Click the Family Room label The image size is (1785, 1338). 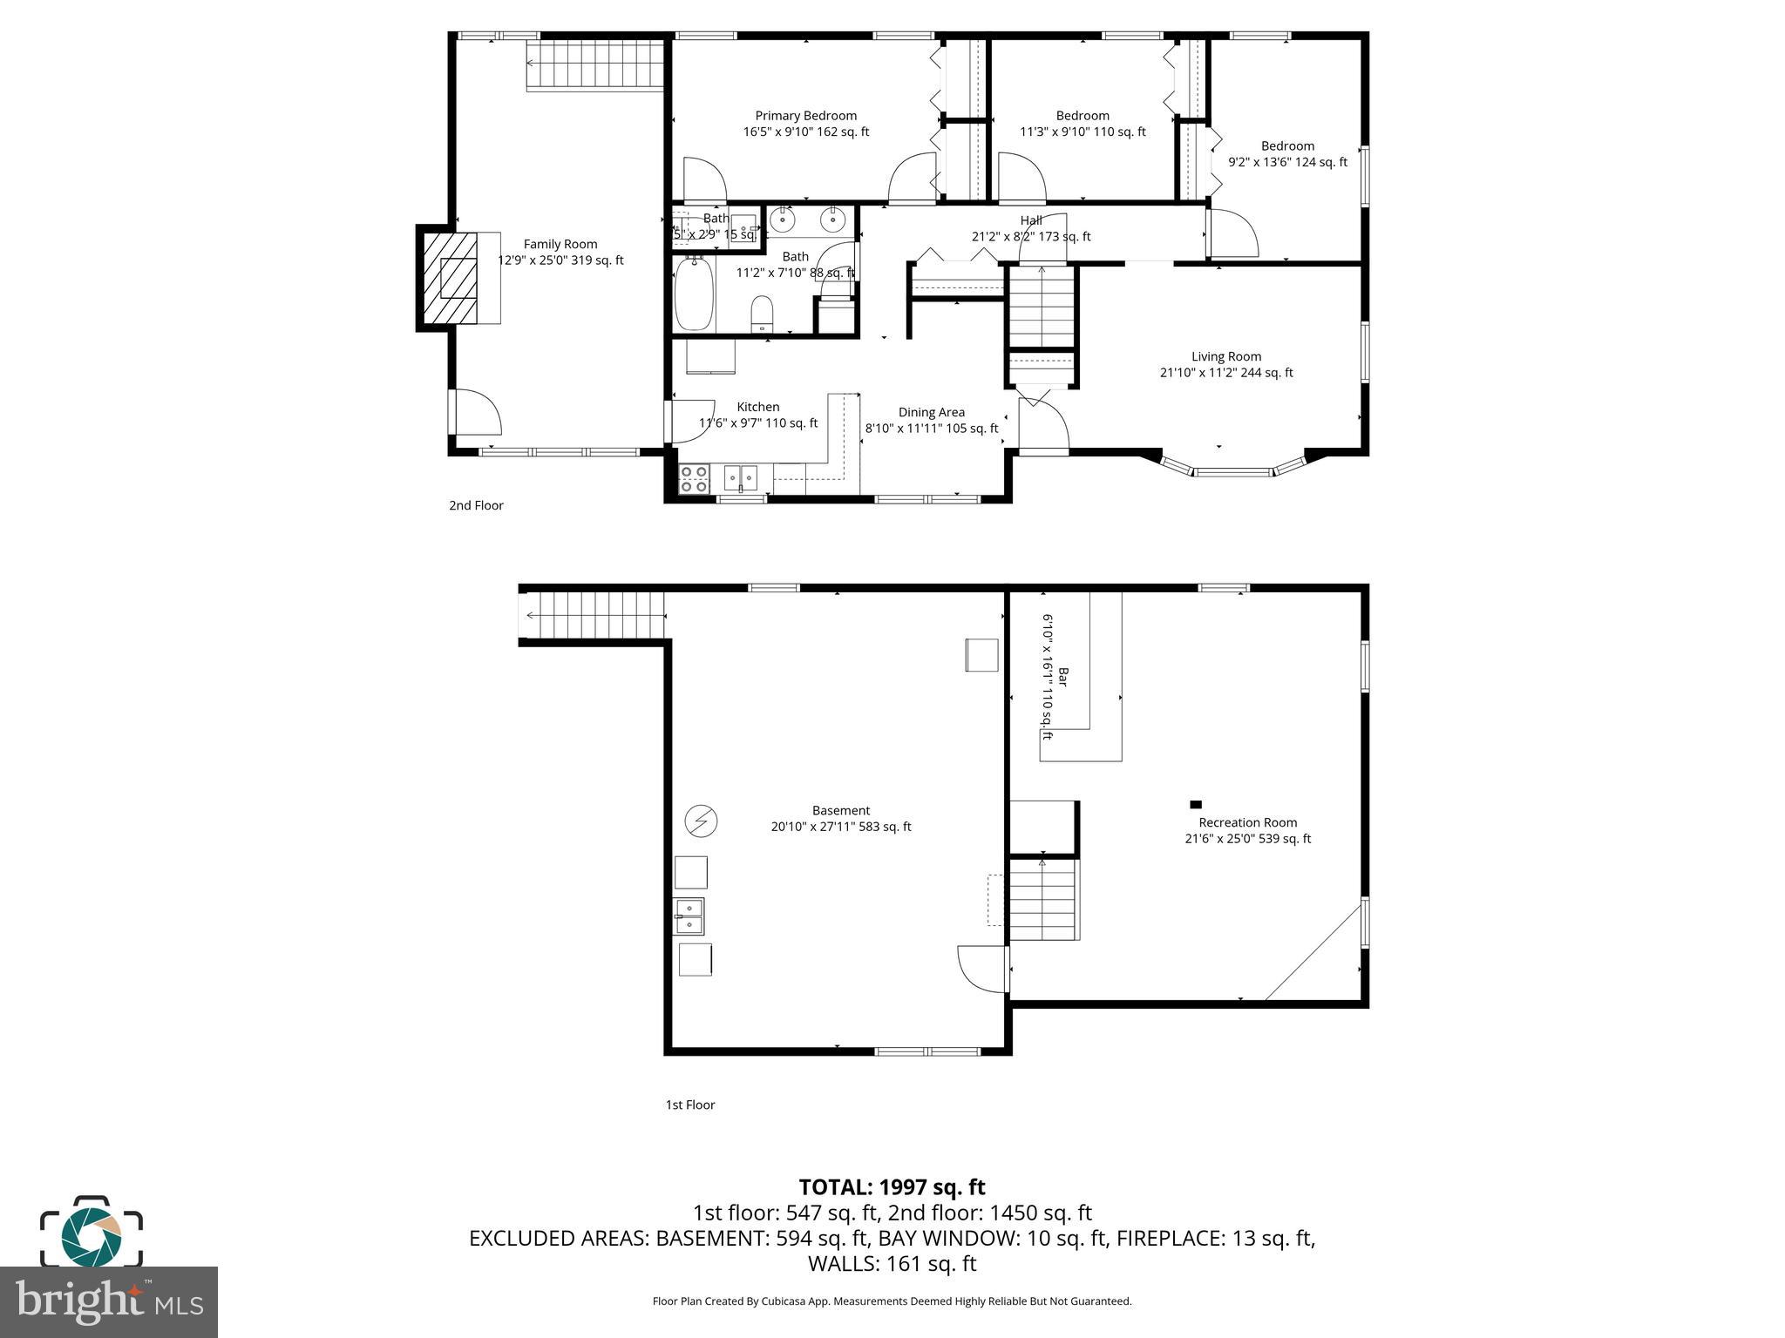pos(560,245)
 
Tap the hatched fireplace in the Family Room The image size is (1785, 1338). pos(449,278)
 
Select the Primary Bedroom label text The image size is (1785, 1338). pos(805,116)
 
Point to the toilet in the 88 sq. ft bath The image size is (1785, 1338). pos(762,313)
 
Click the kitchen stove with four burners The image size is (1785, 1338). pos(695,478)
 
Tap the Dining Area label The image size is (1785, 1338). pos(931,413)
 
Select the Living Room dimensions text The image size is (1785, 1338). pos(1225,373)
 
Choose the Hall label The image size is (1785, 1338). pos(1031,220)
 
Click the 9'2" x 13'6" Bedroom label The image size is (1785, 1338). pos(1287,146)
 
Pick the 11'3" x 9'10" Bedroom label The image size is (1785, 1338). pos(1083,116)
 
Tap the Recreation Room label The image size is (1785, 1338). pos(1247,822)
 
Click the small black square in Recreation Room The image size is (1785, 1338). pos(1196,804)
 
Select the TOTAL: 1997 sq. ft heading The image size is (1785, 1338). pos(892,1187)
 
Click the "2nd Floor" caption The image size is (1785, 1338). pos(476,505)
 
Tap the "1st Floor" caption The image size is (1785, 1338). pos(689,1105)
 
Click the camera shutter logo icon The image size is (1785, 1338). pos(92,1233)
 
